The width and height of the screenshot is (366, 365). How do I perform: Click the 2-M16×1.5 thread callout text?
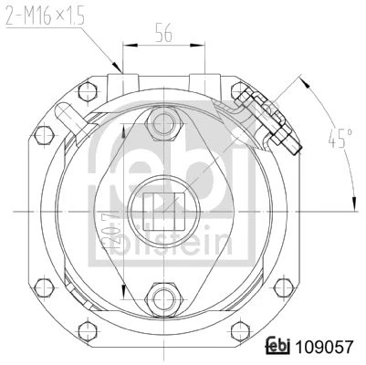tap(45, 15)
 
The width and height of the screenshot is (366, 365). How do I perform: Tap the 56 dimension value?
tap(163, 32)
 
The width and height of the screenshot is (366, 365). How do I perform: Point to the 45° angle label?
tap(340, 139)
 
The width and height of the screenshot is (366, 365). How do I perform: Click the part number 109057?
tap(325, 347)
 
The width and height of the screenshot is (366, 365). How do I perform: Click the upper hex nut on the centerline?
tap(163, 123)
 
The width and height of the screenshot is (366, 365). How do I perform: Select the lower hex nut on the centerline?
tap(164, 298)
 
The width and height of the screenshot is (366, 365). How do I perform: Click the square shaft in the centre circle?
tap(163, 211)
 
